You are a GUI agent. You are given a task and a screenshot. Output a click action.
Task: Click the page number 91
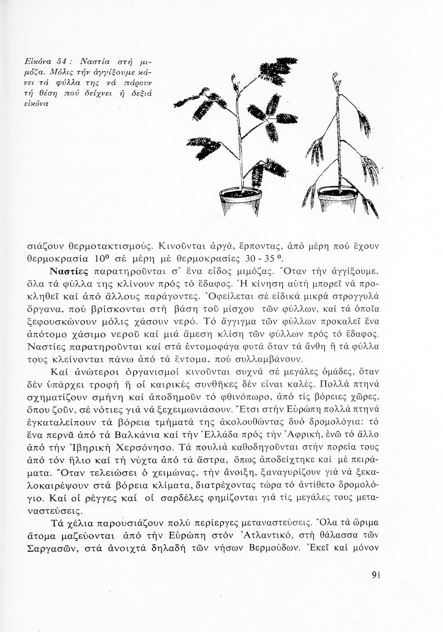[x=376, y=576]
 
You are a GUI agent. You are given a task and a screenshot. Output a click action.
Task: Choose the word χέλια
[x=81, y=524]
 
